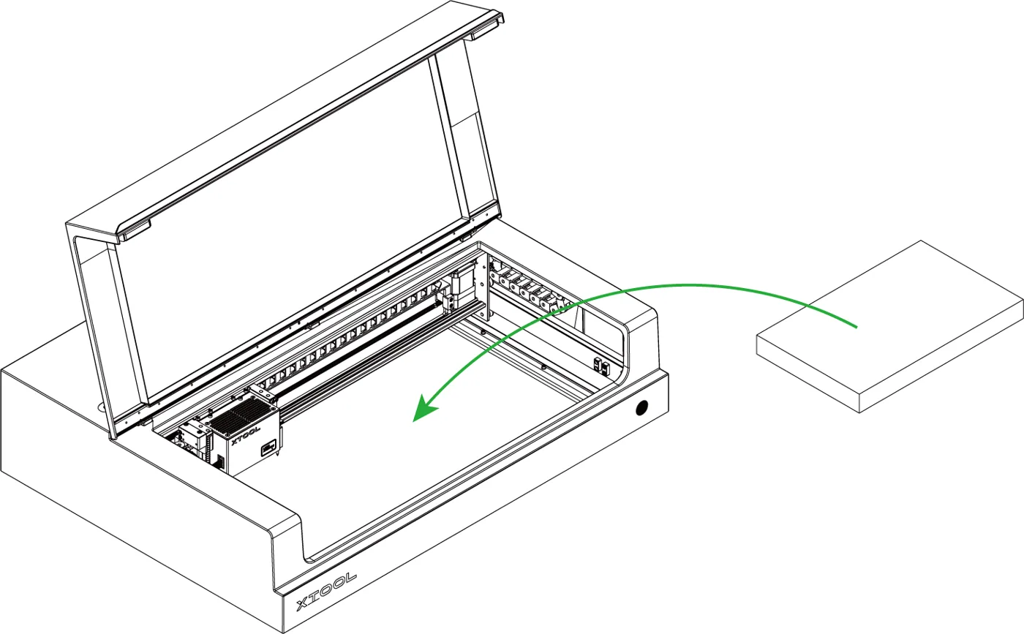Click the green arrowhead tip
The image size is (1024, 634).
(x=414, y=421)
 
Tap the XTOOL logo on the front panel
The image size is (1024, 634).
(x=326, y=592)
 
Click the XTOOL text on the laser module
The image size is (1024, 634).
(x=246, y=435)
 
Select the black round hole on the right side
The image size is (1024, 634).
(x=642, y=407)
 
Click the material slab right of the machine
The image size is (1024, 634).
(x=889, y=326)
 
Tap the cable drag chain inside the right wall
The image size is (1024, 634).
(x=530, y=287)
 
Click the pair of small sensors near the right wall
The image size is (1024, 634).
(x=601, y=366)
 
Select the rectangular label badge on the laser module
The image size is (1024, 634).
(x=268, y=448)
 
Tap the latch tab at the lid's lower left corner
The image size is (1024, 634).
(x=135, y=231)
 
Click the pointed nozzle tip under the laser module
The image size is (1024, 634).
(x=278, y=456)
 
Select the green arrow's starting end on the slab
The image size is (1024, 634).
(x=856, y=327)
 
